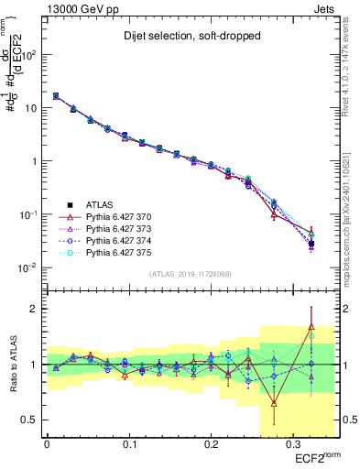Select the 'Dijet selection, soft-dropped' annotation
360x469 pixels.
pos(185,38)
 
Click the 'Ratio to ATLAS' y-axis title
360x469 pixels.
pos(12,365)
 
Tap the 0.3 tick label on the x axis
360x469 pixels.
pos(291,442)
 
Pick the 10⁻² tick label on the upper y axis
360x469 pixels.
pos(27,267)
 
